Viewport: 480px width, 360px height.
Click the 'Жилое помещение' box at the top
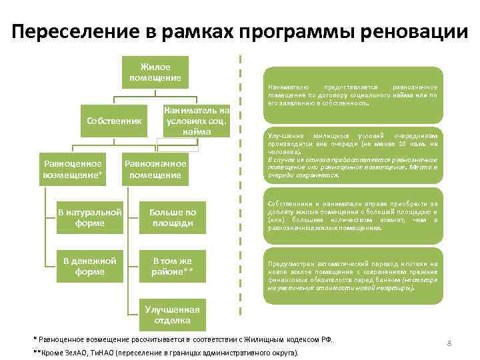155,73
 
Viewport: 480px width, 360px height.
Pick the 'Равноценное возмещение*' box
73,169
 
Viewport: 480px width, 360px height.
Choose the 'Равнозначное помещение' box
155,169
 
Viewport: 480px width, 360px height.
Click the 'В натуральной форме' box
89,217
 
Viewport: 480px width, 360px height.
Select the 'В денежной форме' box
89,266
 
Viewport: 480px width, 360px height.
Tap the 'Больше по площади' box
171,217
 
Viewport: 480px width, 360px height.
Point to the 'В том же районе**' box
171,266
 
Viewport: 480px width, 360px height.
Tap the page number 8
449,343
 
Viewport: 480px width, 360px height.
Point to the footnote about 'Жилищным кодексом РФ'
183,339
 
